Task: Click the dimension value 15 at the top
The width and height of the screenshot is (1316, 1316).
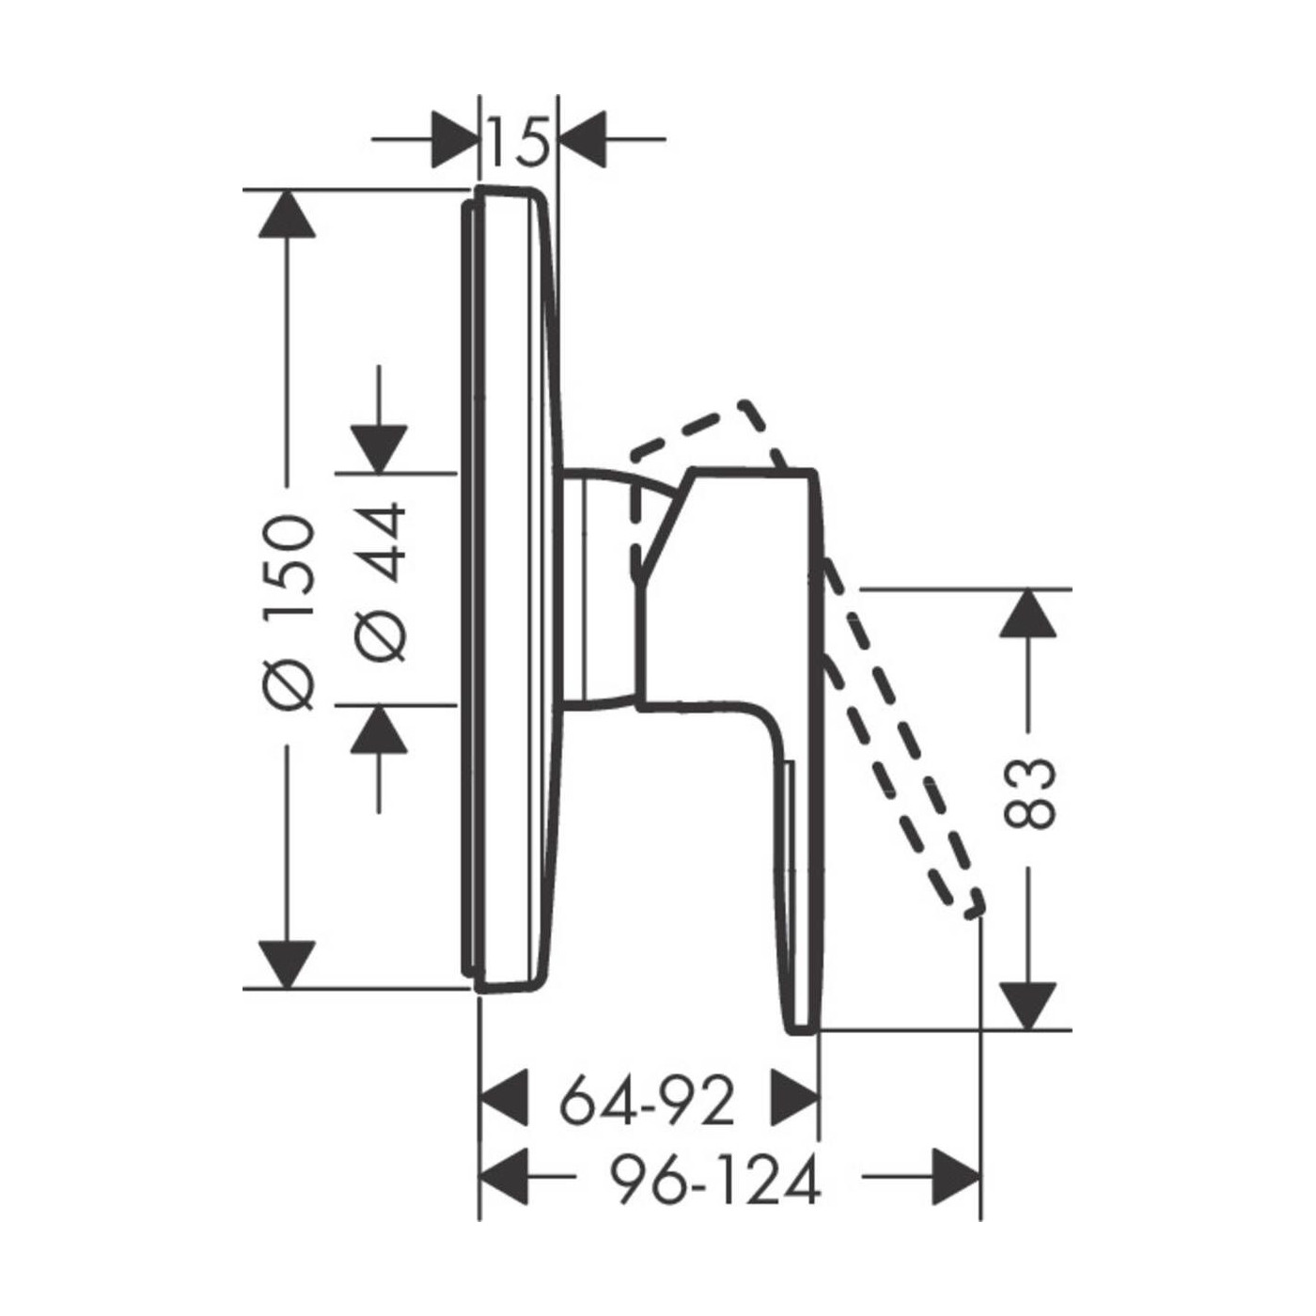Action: coord(520,141)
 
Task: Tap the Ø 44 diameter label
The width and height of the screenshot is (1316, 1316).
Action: coord(381,582)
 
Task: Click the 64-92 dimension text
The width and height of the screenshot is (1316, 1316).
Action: coord(647,1103)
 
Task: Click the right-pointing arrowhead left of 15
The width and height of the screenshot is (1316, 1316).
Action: coord(454,139)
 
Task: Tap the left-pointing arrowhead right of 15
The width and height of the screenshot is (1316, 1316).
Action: coord(583,139)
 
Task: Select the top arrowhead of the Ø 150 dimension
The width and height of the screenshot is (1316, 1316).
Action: coord(287,213)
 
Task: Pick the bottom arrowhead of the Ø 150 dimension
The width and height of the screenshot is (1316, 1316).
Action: coord(287,963)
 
